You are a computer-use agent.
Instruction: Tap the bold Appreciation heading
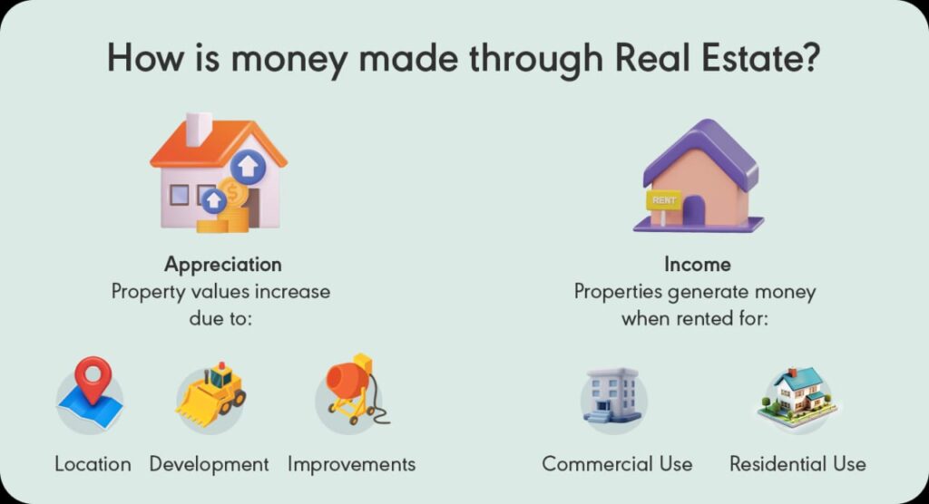[x=222, y=265]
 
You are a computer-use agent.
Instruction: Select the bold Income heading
[x=696, y=265]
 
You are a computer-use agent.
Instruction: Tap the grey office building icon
[x=612, y=396]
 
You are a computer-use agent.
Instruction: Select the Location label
[x=93, y=464]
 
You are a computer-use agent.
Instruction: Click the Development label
[x=210, y=464]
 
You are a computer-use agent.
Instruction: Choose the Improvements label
[x=351, y=464]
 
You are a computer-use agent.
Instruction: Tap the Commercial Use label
[x=617, y=464]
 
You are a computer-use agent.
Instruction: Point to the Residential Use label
[x=797, y=464]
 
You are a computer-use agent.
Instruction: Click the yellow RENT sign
[x=662, y=199]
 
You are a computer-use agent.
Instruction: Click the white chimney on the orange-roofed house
[x=198, y=130]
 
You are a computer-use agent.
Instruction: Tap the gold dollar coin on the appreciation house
[x=233, y=192]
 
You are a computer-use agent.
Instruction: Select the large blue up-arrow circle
[x=248, y=168]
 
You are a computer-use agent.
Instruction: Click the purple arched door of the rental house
[x=694, y=211]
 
